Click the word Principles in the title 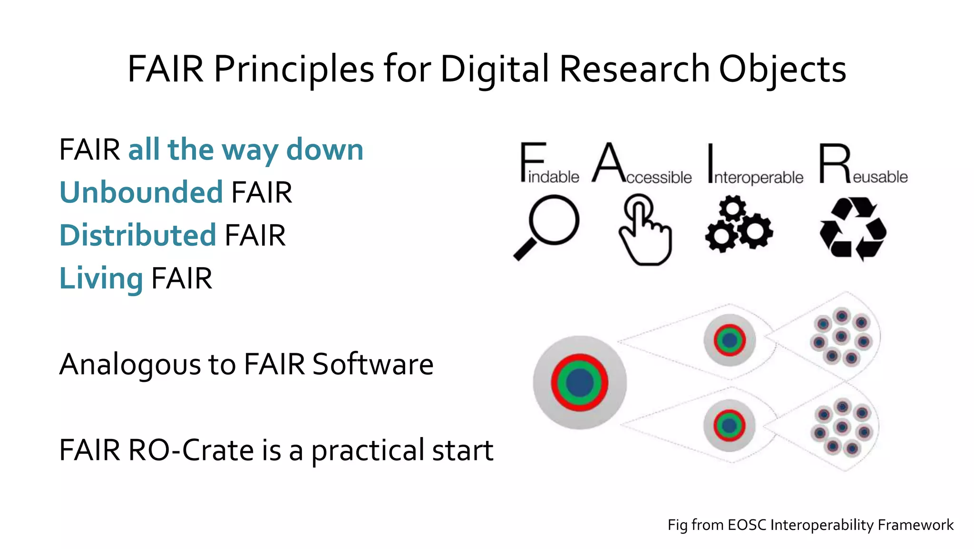(x=294, y=70)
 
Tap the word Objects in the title (x=782, y=70)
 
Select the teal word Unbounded (x=141, y=192)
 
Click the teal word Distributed (x=138, y=235)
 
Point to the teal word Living (x=101, y=279)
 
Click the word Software (x=372, y=364)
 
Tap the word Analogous (x=130, y=365)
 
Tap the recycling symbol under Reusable (x=853, y=229)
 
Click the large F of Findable (x=531, y=162)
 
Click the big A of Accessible (x=608, y=162)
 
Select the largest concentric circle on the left (x=579, y=382)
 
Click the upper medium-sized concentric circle (x=729, y=340)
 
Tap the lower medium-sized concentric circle (x=729, y=425)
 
